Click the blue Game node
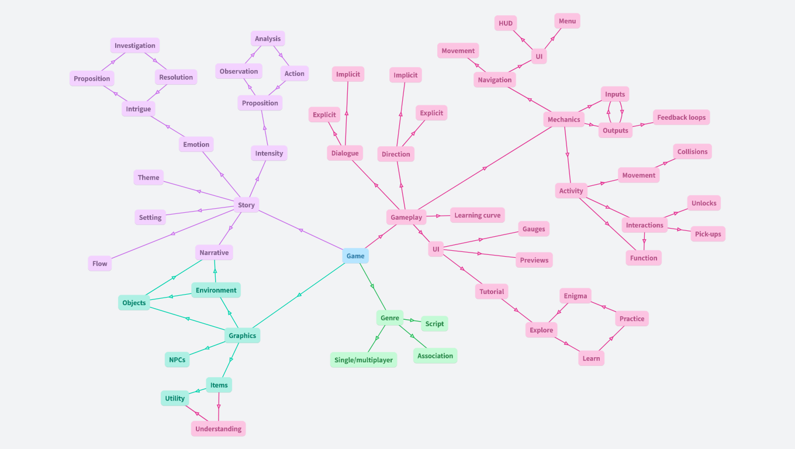click(x=355, y=256)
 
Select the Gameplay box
click(x=406, y=217)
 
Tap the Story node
click(x=246, y=205)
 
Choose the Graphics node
click(x=242, y=336)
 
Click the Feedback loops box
click(x=681, y=118)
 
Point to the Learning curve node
click(x=477, y=215)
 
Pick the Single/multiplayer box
click(x=364, y=360)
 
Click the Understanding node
click(x=218, y=429)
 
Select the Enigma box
click(x=575, y=296)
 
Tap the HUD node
click(x=505, y=23)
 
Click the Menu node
click(x=567, y=21)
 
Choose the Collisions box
click(x=692, y=152)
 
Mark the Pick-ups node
click(x=708, y=234)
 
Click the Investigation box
click(x=135, y=46)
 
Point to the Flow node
click(x=100, y=264)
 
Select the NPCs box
click(x=177, y=360)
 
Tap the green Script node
click(x=434, y=324)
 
